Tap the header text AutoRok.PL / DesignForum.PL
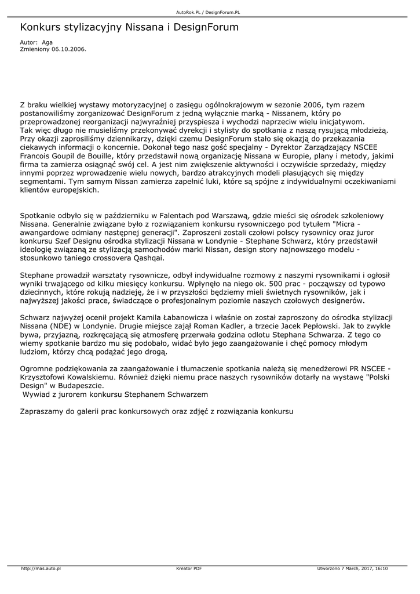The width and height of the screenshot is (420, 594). click(x=209, y=12)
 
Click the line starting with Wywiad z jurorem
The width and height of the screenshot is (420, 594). click(x=115, y=394)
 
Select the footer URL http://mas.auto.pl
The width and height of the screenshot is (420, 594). click(x=41, y=568)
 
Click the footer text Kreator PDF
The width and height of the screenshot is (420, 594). click(x=189, y=568)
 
